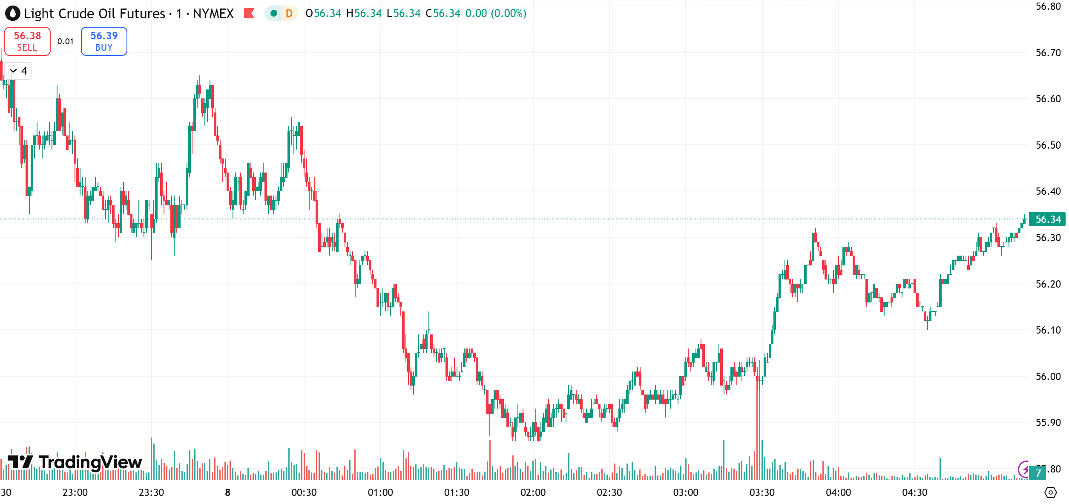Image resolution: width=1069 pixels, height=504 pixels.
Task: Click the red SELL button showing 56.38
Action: click(x=27, y=41)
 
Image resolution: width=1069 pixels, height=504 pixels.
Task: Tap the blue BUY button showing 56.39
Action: click(x=104, y=41)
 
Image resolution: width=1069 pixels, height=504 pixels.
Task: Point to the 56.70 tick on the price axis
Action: click(x=1048, y=53)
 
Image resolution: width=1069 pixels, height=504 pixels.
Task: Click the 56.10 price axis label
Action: click(x=1048, y=330)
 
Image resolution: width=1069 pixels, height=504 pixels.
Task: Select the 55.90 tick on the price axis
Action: click(x=1048, y=423)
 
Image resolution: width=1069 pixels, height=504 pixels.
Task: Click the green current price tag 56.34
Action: click(x=1047, y=219)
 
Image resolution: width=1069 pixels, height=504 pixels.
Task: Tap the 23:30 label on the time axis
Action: click(x=151, y=492)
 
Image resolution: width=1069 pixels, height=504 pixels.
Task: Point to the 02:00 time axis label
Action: click(x=533, y=492)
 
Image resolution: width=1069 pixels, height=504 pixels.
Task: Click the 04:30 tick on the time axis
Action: click(x=914, y=492)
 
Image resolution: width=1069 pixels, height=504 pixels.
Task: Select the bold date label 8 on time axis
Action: click(x=228, y=492)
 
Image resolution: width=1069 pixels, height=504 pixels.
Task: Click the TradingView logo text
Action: click(x=90, y=462)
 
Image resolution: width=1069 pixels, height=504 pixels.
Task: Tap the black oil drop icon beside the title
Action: click(x=13, y=14)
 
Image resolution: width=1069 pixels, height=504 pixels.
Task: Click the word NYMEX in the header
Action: click(x=213, y=14)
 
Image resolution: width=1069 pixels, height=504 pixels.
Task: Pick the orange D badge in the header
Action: click(x=289, y=14)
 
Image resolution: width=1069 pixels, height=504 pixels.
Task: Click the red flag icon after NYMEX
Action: click(x=249, y=14)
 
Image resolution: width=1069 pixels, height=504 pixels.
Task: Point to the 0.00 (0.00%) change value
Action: click(x=496, y=14)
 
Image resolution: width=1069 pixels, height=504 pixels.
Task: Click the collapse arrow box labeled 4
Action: click(x=18, y=71)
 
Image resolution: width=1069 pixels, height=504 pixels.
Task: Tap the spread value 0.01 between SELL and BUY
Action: click(x=66, y=41)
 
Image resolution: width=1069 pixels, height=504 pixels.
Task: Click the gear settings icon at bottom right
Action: click(x=1051, y=492)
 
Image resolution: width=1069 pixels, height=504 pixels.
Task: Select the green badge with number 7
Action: click(x=1038, y=473)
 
